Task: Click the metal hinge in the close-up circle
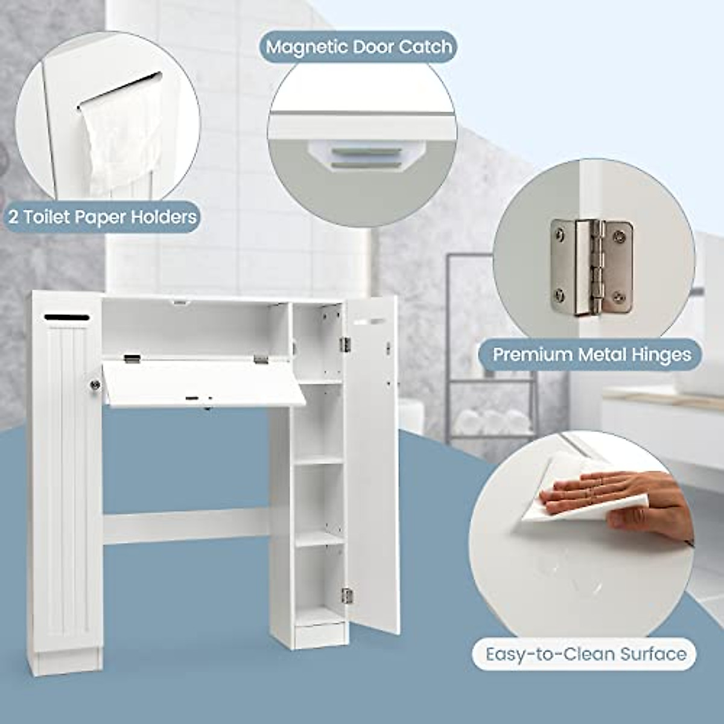(x=591, y=267)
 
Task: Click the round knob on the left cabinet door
(x=95, y=384)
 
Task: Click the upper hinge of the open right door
(x=345, y=344)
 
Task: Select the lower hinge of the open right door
(x=346, y=595)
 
